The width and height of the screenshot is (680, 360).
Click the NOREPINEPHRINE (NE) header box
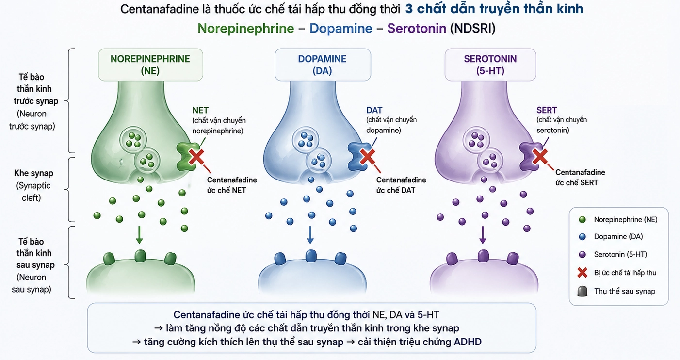(150, 65)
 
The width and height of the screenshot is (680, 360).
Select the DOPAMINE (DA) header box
(323, 65)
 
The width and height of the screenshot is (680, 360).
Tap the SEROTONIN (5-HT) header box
(490, 65)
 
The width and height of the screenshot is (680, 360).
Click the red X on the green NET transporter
(196, 157)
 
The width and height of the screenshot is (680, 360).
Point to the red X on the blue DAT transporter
(367, 157)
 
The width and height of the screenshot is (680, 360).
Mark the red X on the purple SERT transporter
(540, 157)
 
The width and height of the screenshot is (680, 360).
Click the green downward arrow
(139, 235)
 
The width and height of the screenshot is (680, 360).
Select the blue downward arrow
(310, 235)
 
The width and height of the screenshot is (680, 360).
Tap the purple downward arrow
(483, 235)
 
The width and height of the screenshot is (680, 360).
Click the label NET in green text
(200, 110)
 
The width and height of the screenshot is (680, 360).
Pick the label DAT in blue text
(374, 110)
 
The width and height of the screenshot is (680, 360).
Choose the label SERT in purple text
(547, 110)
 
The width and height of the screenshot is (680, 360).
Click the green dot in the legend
(582, 220)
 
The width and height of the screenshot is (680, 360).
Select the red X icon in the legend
(582, 273)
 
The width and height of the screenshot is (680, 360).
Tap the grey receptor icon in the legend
(582, 292)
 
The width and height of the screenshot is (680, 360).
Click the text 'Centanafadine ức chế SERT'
(580, 178)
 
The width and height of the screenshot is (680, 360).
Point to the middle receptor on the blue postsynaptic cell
(311, 256)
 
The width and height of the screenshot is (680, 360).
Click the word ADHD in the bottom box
(468, 342)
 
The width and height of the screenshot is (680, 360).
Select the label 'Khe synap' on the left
(33, 173)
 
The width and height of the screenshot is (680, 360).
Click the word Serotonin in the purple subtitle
(417, 28)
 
